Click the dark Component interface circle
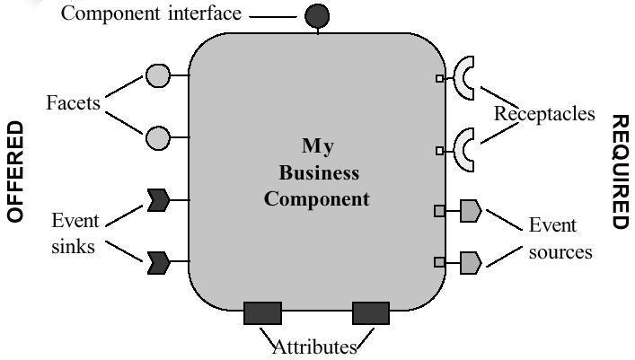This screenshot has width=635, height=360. [316, 15]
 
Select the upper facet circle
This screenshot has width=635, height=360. [158, 75]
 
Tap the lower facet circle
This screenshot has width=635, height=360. [158, 138]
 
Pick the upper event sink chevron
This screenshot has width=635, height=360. [158, 200]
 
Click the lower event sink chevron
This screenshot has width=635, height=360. [158, 262]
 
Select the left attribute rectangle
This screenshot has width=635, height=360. [262, 312]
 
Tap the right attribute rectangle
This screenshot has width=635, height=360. [370, 312]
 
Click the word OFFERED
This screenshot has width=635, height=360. [15, 171]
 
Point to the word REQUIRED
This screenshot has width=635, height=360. [621, 171]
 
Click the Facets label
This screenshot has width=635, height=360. [74, 103]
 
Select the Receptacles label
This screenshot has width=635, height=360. [544, 114]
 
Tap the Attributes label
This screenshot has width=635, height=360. [314, 347]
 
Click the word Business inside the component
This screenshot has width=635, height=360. [318, 172]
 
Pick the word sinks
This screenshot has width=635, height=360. [73, 246]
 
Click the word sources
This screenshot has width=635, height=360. [560, 251]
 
